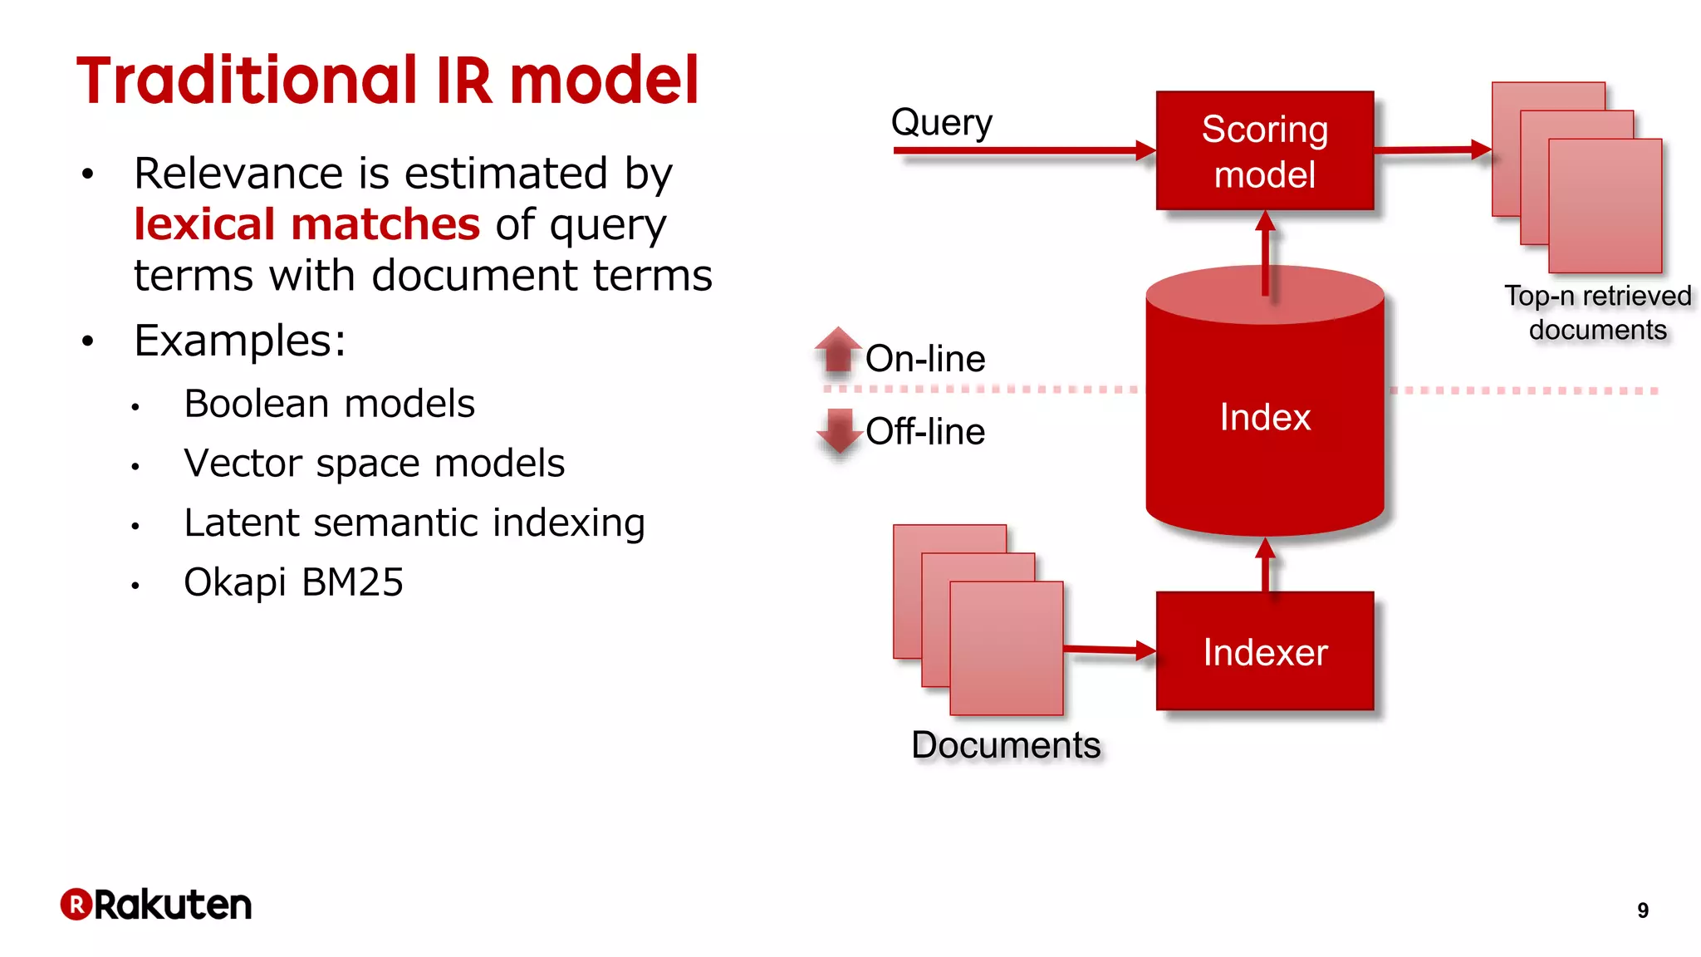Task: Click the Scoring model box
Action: point(1264,151)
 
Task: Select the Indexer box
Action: point(1264,652)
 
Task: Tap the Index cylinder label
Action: point(1264,417)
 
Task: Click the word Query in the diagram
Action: point(941,123)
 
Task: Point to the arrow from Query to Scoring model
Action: point(1022,151)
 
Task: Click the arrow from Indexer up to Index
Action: point(1265,565)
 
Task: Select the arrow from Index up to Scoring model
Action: point(1265,249)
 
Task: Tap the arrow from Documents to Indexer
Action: point(1109,650)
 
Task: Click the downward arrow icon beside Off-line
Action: point(839,430)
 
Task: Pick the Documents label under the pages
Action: point(1005,745)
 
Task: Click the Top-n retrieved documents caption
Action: point(1597,313)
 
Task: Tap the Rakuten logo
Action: point(156,905)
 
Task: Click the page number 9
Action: point(1642,910)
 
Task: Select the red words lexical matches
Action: point(306,224)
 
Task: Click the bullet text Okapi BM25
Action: point(293,582)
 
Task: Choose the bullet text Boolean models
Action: point(329,404)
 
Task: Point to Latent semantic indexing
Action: point(414,523)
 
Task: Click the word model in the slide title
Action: point(604,81)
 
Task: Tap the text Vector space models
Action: point(374,464)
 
